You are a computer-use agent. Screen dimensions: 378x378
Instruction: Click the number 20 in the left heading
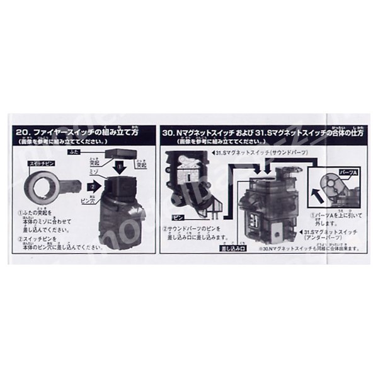[x=23, y=133]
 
